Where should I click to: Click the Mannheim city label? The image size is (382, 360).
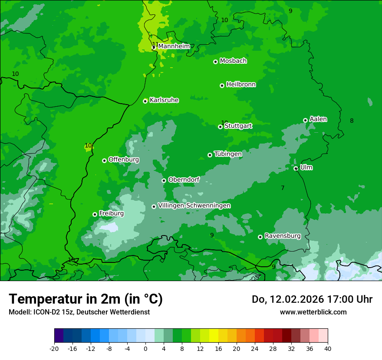click(x=174, y=46)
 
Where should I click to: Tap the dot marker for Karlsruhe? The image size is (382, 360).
click(x=145, y=101)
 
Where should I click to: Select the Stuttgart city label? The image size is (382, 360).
click(x=238, y=126)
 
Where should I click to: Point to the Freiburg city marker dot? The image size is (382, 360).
click(x=95, y=214)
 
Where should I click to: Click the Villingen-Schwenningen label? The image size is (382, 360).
click(x=194, y=206)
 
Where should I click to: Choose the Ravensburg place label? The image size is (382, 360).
click(x=282, y=236)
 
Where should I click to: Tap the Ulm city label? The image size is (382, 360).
click(x=306, y=167)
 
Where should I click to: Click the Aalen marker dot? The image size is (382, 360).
click(x=305, y=120)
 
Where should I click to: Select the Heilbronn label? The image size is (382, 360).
click(x=241, y=85)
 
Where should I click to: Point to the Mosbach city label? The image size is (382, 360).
click(x=233, y=61)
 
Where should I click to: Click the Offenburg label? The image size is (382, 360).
click(x=124, y=160)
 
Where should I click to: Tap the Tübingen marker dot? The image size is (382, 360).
click(x=210, y=155)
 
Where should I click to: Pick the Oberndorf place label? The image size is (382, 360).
click(x=184, y=180)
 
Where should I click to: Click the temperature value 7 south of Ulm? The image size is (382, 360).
click(x=283, y=188)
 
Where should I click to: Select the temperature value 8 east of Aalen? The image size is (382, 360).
click(x=352, y=121)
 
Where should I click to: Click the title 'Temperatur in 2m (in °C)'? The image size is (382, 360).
click(x=86, y=299)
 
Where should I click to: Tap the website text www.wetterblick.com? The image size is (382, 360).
click(x=313, y=312)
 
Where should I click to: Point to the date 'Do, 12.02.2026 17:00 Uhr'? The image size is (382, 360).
click(x=312, y=299)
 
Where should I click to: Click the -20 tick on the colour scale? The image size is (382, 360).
click(x=54, y=348)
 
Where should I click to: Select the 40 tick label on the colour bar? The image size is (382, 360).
click(x=328, y=348)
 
